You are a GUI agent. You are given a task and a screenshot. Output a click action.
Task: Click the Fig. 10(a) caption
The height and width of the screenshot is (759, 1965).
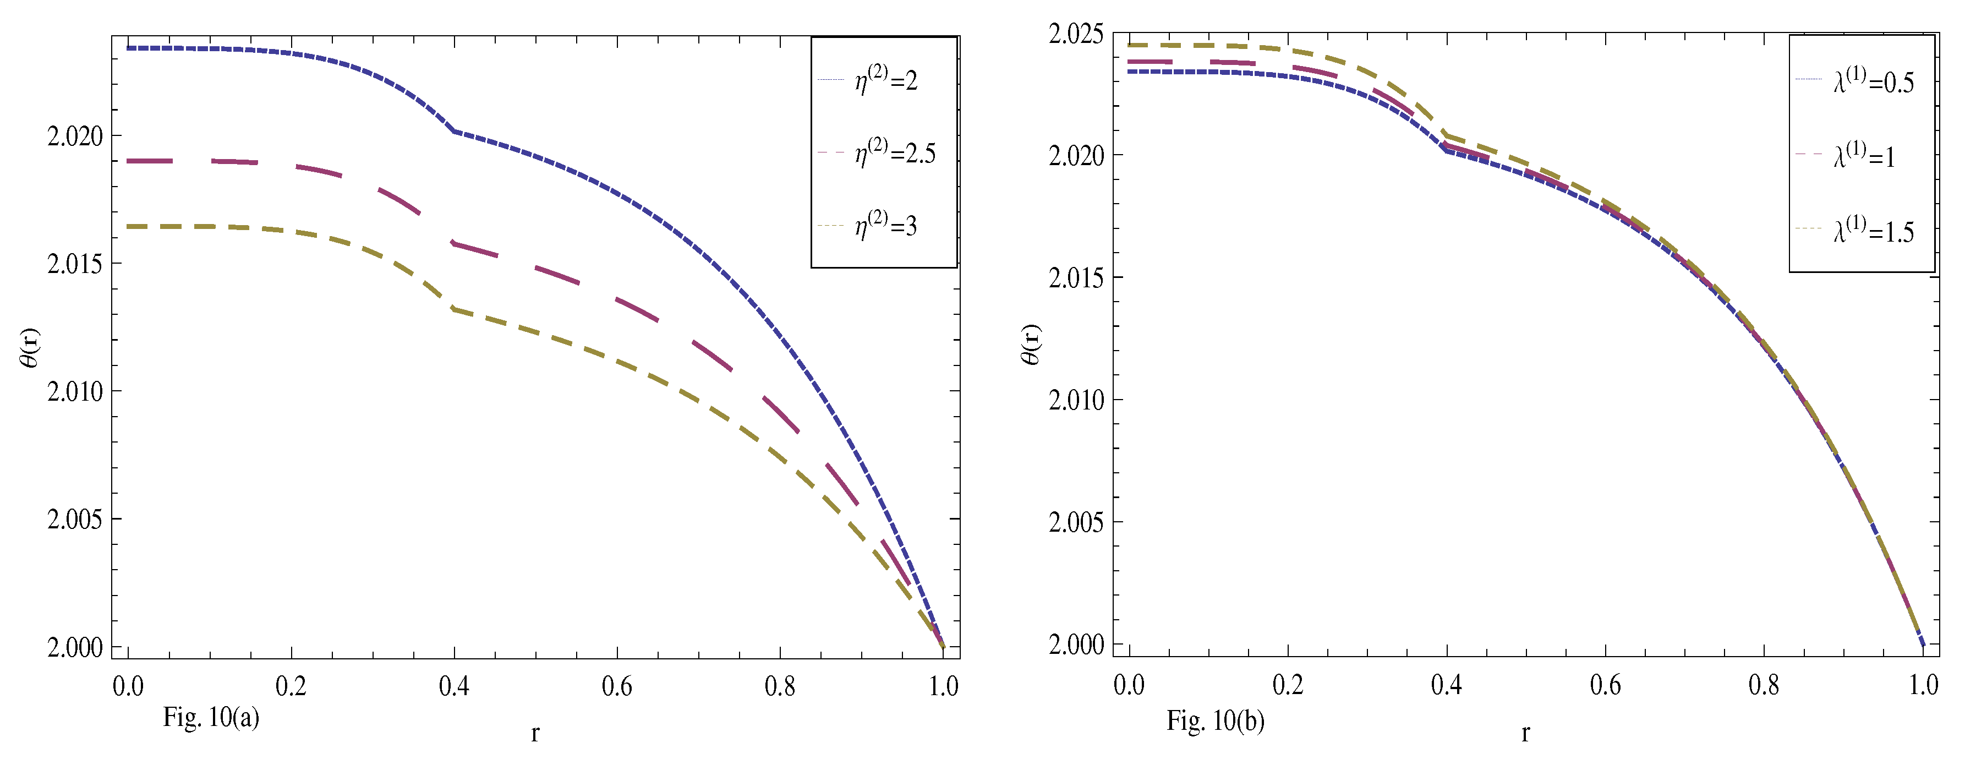[211, 717]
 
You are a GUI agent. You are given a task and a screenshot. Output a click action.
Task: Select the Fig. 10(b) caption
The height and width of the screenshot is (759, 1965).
[1215, 720]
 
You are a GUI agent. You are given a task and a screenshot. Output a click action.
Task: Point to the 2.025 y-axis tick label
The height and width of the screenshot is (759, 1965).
[1076, 34]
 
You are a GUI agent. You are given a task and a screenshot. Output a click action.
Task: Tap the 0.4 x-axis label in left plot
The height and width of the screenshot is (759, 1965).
[454, 686]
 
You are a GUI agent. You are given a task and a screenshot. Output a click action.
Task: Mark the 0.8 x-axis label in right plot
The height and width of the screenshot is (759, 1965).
[1764, 685]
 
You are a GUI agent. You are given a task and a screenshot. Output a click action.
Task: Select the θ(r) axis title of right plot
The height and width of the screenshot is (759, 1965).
[1031, 345]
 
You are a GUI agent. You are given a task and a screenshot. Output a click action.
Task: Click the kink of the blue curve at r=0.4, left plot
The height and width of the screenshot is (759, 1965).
[455, 131]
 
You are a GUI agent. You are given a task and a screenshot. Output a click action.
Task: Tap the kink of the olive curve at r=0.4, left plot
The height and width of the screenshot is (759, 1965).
[455, 309]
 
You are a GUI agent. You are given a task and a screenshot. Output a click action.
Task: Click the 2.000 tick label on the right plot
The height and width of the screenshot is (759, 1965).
[1076, 645]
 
